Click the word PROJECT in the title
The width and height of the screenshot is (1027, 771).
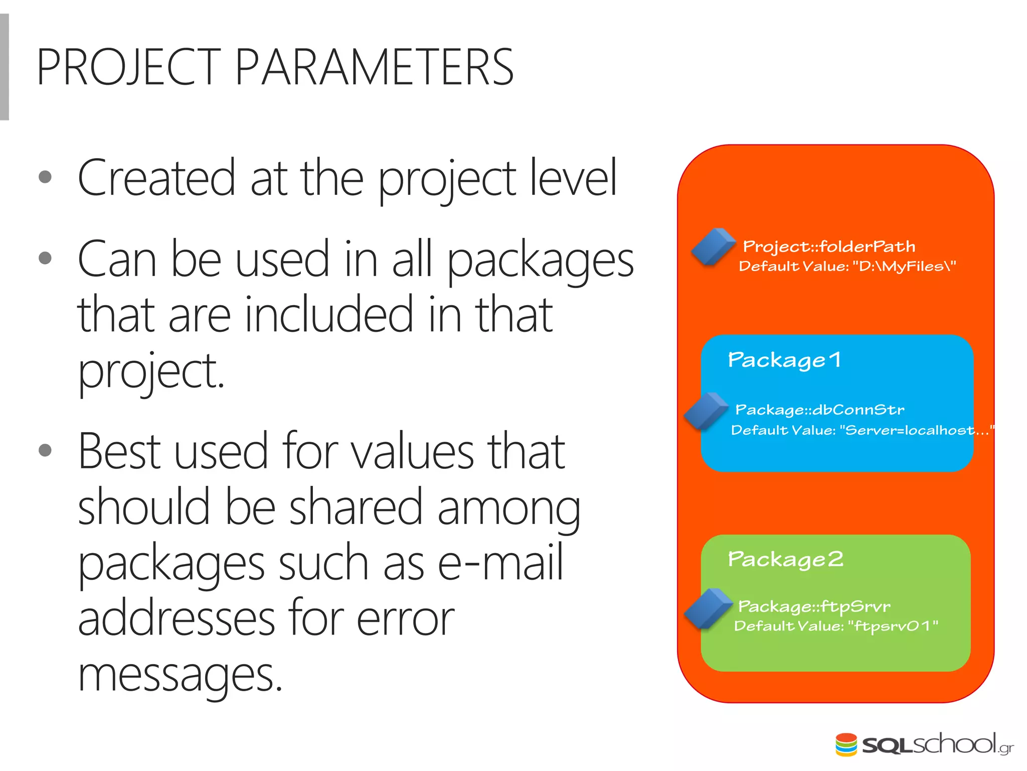(128, 67)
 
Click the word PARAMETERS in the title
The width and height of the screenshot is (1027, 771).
(374, 67)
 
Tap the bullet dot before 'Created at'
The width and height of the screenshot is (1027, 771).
(45, 177)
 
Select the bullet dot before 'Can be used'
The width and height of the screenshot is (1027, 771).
(45, 258)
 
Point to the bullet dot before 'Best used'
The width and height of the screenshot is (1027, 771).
(45, 450)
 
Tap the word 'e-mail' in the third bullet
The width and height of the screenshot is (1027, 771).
(500, 563)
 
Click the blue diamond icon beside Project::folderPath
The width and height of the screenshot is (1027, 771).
(713, 246)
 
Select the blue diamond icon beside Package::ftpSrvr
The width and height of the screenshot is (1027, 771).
(708, 608)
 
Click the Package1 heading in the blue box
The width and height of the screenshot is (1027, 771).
(784, 360)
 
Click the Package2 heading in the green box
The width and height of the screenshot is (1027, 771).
(785, 559)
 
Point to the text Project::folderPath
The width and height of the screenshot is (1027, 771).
(829, 246)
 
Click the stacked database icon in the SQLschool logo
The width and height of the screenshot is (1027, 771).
(846, 744)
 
